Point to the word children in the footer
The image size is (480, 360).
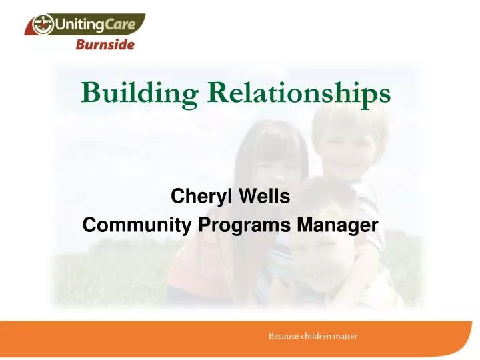tap(317, 337)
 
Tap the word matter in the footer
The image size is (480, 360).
tap(346, 337)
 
